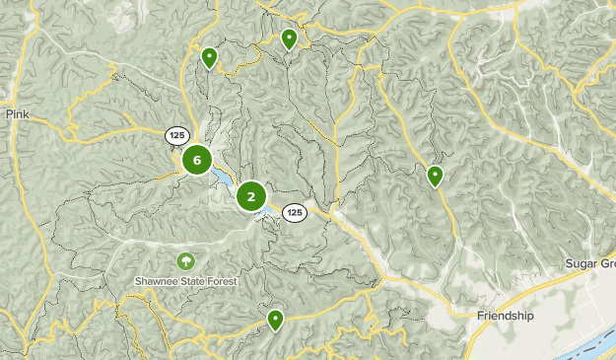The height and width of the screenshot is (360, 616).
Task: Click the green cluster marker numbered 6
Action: (x=197, y=160)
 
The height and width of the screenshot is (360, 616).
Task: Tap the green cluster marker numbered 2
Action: (x=251, y=197)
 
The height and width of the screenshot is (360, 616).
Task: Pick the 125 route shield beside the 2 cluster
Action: (x=294, y=212)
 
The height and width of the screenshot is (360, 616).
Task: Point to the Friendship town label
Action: (x=505, y=316)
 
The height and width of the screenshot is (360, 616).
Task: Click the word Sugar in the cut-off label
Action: (x=581, y=263)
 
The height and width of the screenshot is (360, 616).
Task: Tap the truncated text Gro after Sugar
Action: (x=606, y=263)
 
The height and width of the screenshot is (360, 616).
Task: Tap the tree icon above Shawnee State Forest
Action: (x=184, y=261)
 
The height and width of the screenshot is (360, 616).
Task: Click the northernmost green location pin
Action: (x=289, y=37)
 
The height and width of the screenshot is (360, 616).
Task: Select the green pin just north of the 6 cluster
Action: (x=209, y=56)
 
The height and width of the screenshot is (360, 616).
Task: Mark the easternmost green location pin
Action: (x=435, y=175)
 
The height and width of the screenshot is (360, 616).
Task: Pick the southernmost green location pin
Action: (x=275, y=319)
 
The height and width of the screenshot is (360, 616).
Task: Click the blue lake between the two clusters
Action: (x=223, y=180)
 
